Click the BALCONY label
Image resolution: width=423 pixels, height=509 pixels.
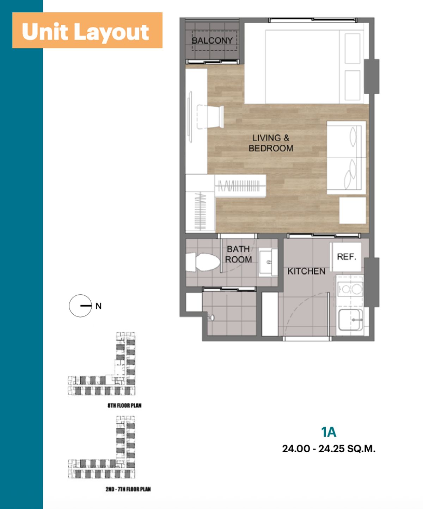point(212,40)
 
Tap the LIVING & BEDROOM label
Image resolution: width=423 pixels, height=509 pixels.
point(271,143)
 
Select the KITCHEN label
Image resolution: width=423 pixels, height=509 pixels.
point(306,271)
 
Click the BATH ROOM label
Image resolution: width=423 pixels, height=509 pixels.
point(238,254)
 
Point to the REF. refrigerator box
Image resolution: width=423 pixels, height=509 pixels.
point(345,257)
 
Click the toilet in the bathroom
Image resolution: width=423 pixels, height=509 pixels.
point(203,262)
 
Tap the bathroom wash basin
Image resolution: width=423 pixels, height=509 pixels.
point(268,262)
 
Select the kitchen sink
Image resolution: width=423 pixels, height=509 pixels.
point(350,320)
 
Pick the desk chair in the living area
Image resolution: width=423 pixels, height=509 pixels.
point(210,117)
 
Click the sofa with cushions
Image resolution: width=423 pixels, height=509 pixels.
point(347,158)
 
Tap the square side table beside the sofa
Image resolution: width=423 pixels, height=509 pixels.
point(353,210)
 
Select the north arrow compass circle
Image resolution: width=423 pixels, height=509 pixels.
point(80,306)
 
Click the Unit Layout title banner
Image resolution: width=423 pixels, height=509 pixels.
point(87,30)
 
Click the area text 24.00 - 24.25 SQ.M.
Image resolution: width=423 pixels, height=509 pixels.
point(329,449)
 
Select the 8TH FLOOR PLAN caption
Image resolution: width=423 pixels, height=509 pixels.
point(124,406)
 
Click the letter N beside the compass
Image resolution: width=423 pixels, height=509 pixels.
point(98,306)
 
